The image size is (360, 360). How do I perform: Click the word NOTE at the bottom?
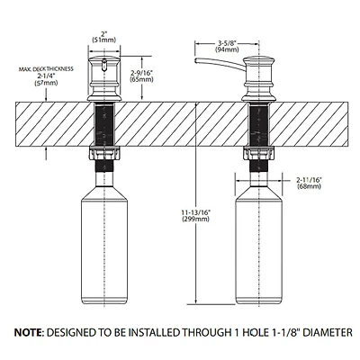point(28,333)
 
